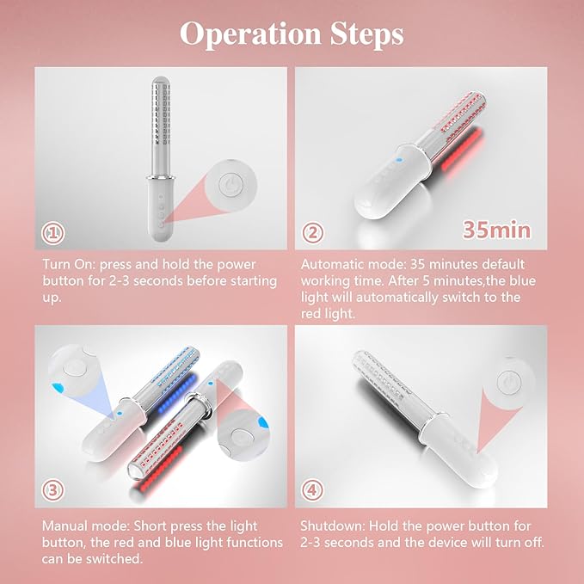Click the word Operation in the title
click(250, 34)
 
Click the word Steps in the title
click(366, 34)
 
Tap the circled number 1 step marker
click(52, 233)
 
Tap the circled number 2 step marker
click(312, 233)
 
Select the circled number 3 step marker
click(52, 490)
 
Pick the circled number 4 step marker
click(312, 490)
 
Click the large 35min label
click(496, 230)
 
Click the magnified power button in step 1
click(231, 185)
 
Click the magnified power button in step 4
click(509, 382)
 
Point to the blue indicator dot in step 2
click(399, 160)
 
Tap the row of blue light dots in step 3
click(176, 395)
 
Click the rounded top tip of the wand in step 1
click(161, 81)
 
